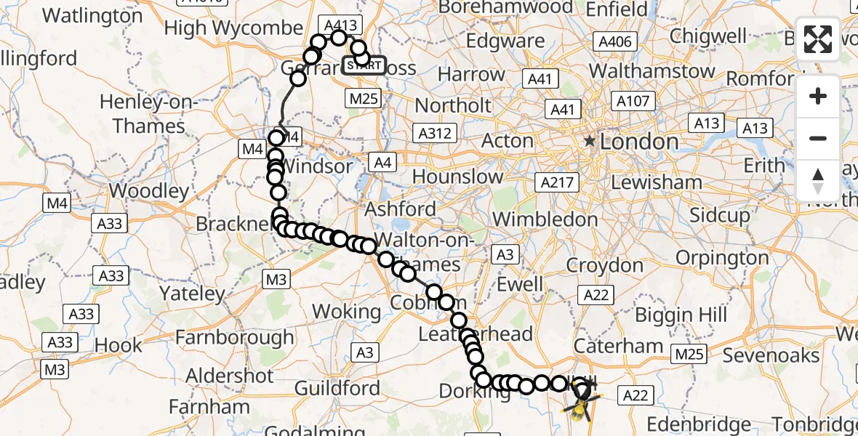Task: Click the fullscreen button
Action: coord(818,39)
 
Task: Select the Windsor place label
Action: coord(316,166)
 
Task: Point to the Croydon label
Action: coord(605,265)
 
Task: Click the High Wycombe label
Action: coord(233,28)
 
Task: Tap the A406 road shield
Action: coord(614,41)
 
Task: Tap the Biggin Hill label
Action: coord(681,315)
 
